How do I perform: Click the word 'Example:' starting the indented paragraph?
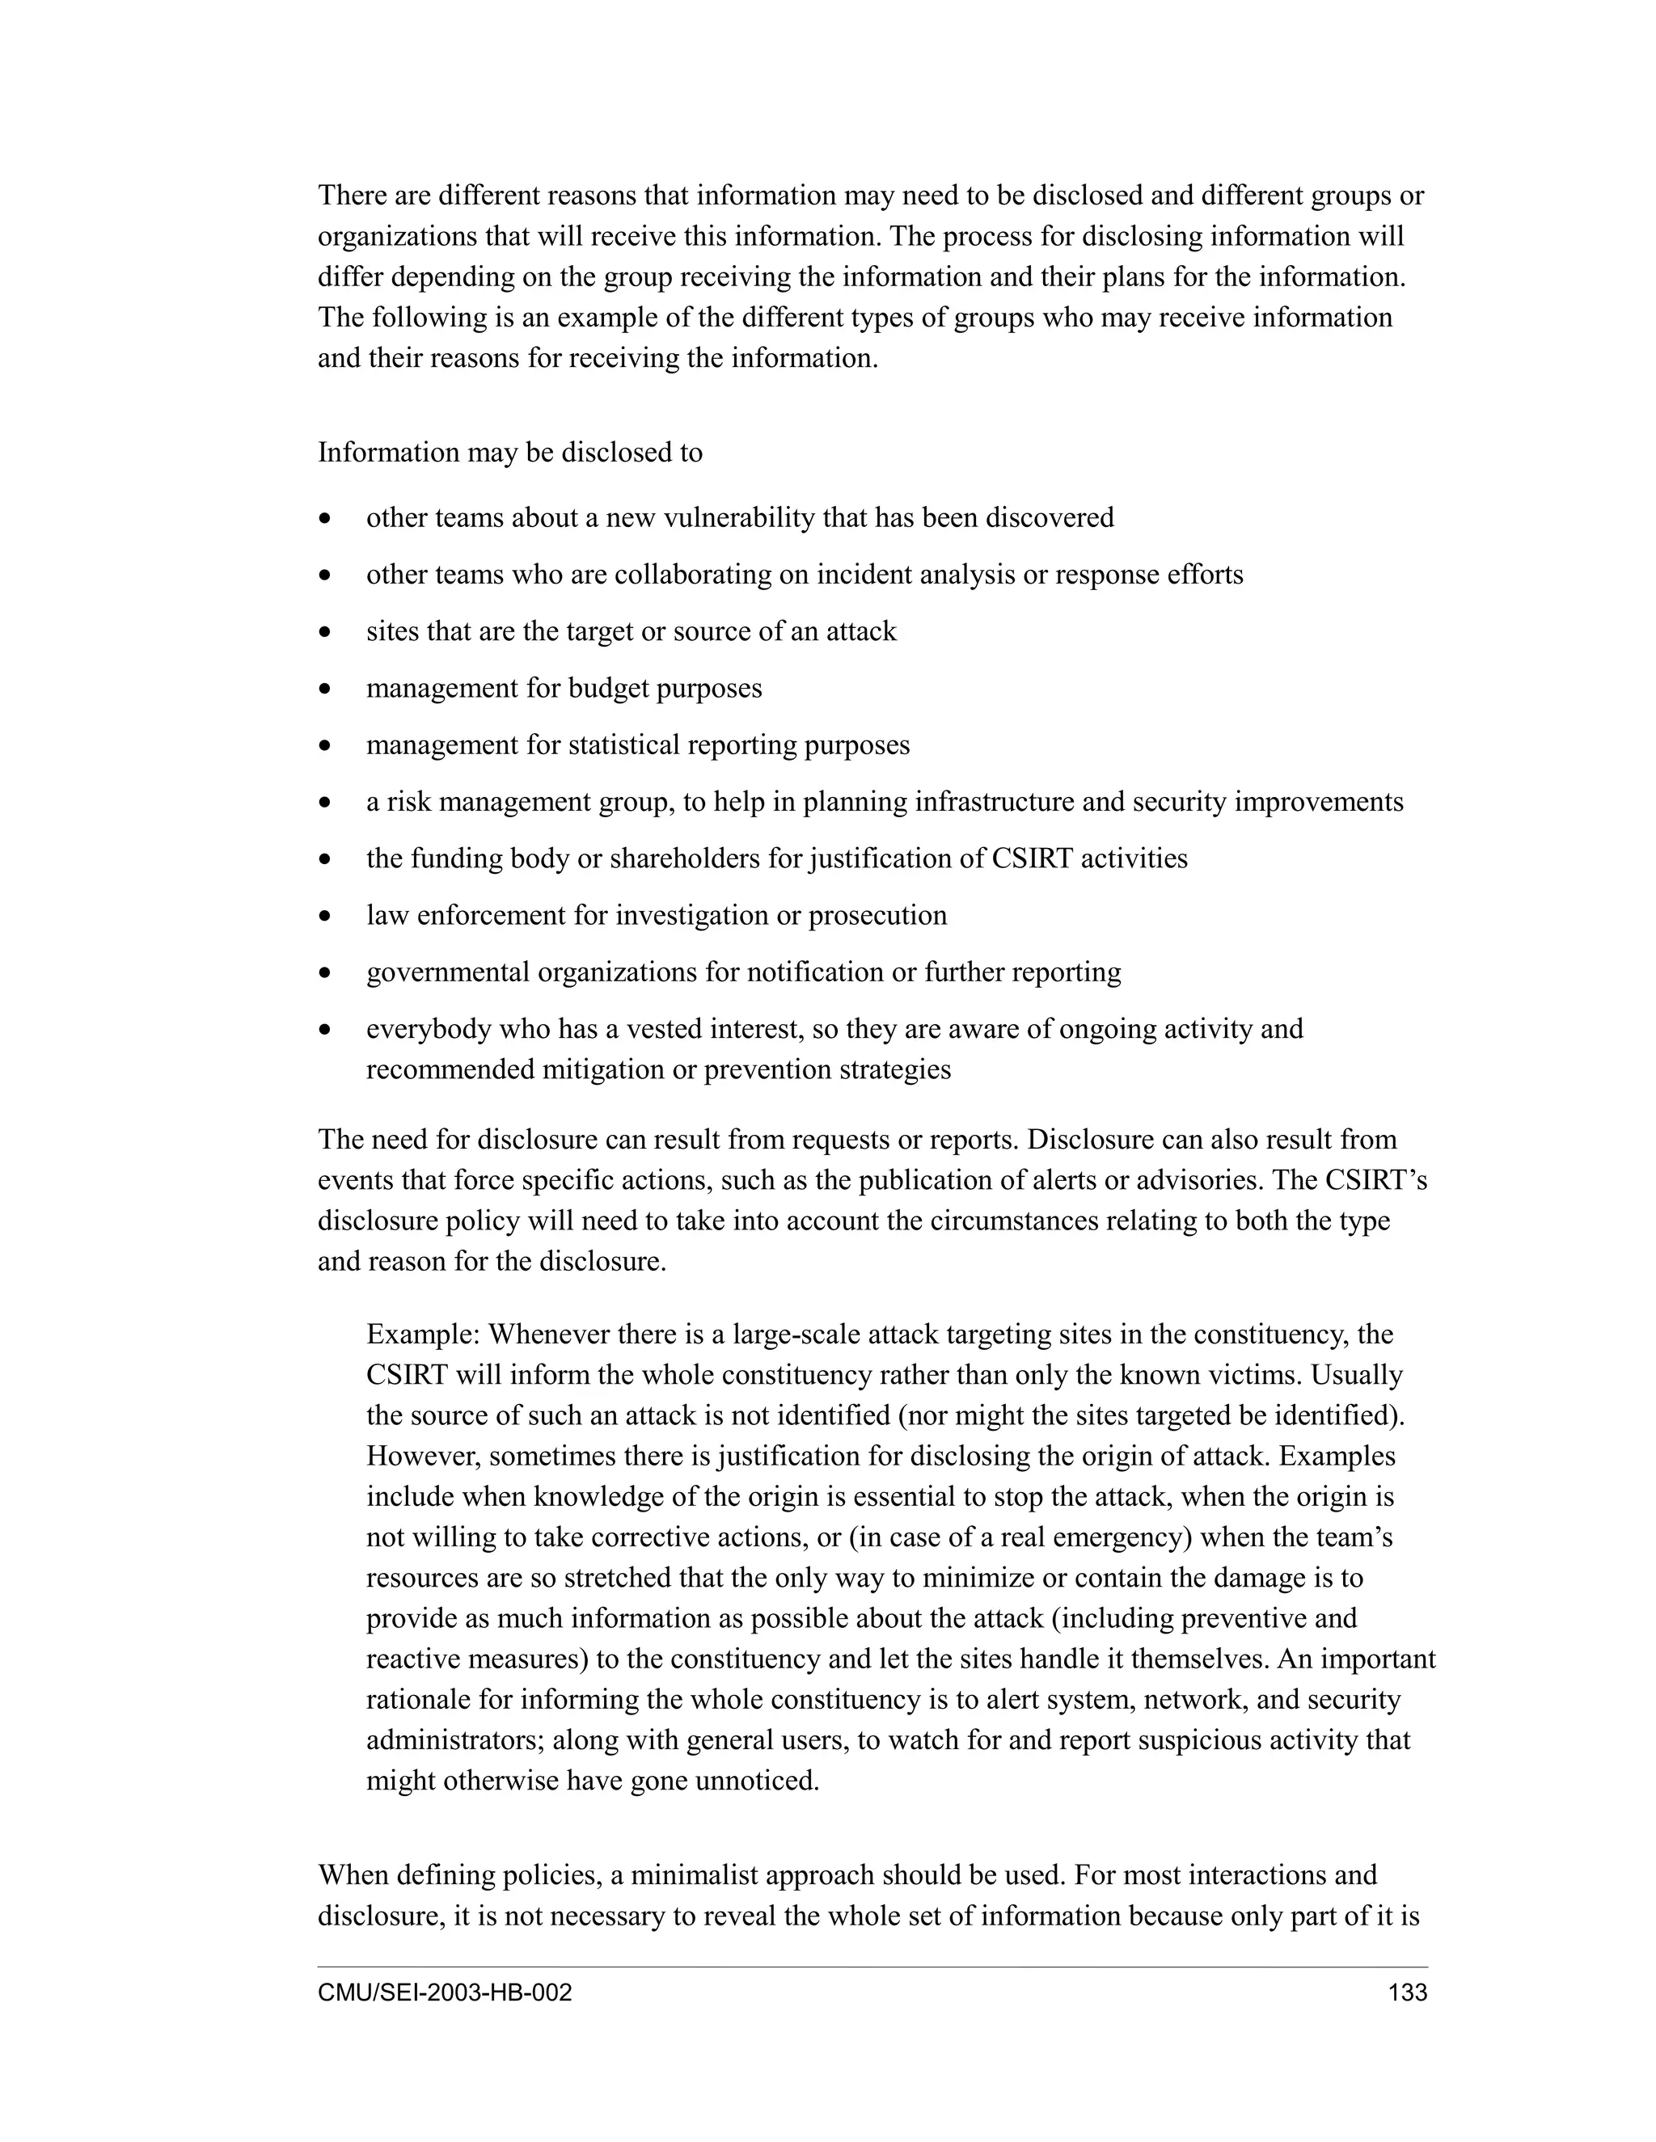(x=423, y=1335)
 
